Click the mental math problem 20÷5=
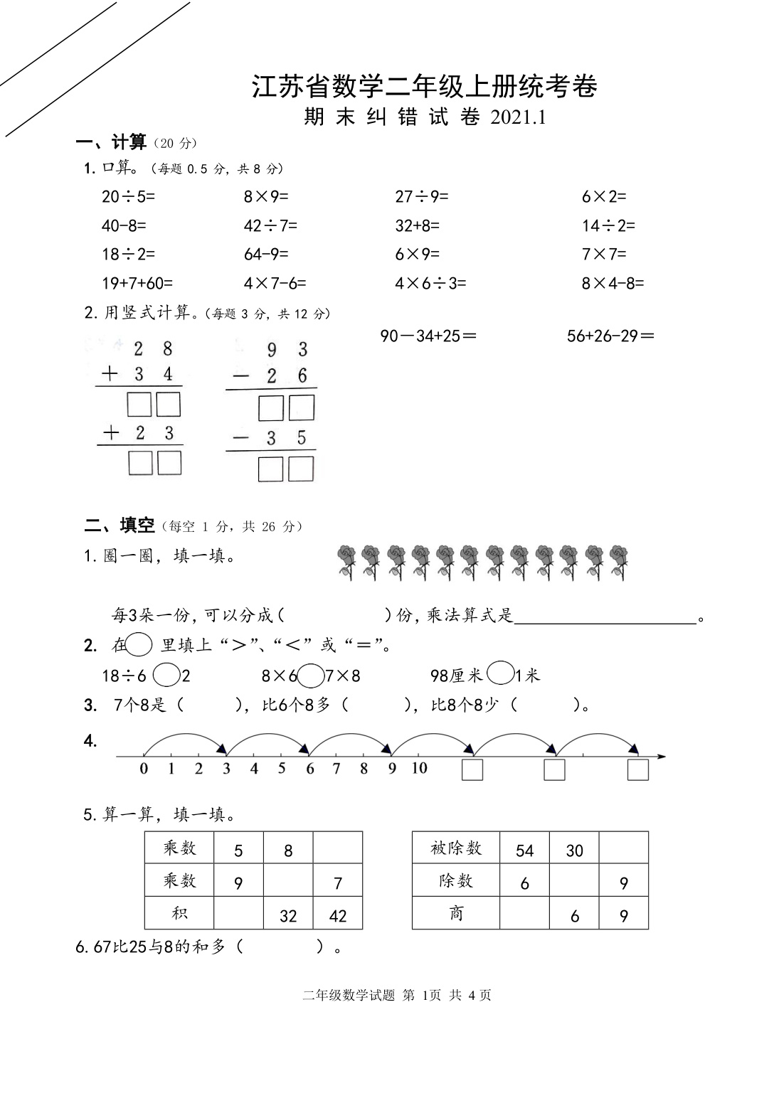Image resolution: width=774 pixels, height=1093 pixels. point(128,196)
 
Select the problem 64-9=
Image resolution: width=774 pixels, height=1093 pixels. point(267,254)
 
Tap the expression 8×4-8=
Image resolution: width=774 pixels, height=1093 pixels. point(613,283)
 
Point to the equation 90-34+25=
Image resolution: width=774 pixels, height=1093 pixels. point(428,336)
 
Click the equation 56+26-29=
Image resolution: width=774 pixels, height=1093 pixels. point(610,336)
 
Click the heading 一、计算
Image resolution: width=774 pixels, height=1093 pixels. point(112,143)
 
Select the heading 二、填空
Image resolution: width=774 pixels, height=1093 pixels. point(120,526)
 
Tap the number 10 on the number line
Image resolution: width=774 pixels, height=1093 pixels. point(419,768)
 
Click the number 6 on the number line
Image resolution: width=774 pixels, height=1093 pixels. point(310,769)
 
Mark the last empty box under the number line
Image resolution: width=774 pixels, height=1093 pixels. point(637,770)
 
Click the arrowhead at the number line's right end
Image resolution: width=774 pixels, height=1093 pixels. point(662,757)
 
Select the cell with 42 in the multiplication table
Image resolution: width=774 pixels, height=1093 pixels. point(338,916)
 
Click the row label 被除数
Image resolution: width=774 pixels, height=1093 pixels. point(456,848)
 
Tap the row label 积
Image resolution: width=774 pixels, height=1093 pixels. point(179,913)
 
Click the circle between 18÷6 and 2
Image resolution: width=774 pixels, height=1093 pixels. point(166,675)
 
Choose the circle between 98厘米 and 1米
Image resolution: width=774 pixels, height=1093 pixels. point(501,673)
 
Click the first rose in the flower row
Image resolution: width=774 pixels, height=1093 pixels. point(346,562)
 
